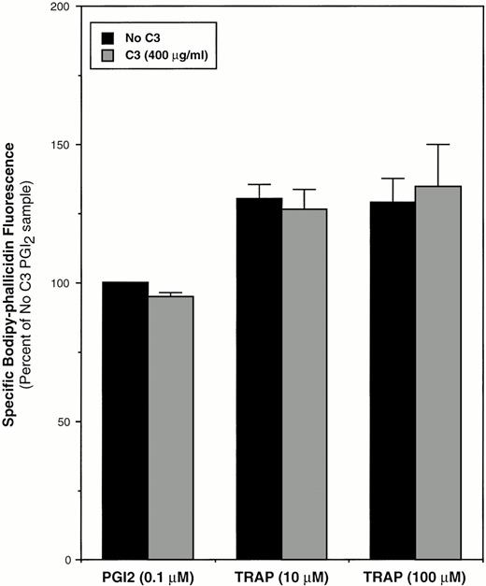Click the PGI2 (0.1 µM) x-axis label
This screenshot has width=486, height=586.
(x=148, y=575)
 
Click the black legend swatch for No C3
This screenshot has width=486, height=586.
(x=109, y=38)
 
